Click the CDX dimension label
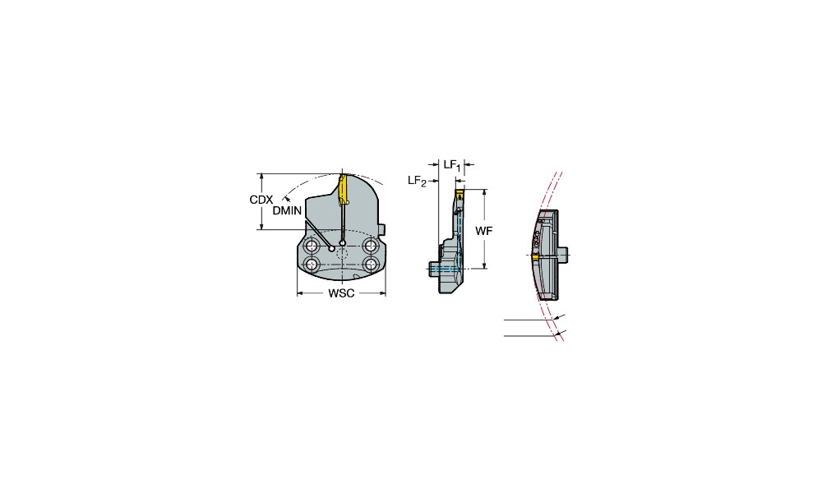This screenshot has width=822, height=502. coord(261,200)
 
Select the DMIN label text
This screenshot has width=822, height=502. coord(287,210)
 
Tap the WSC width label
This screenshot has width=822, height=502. coord(341,293)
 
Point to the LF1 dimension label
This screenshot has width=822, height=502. coord(452,165)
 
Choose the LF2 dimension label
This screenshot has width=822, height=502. coord(418,181)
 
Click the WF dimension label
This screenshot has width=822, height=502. coord(484,231)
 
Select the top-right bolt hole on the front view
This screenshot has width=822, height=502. coord(372,245)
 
